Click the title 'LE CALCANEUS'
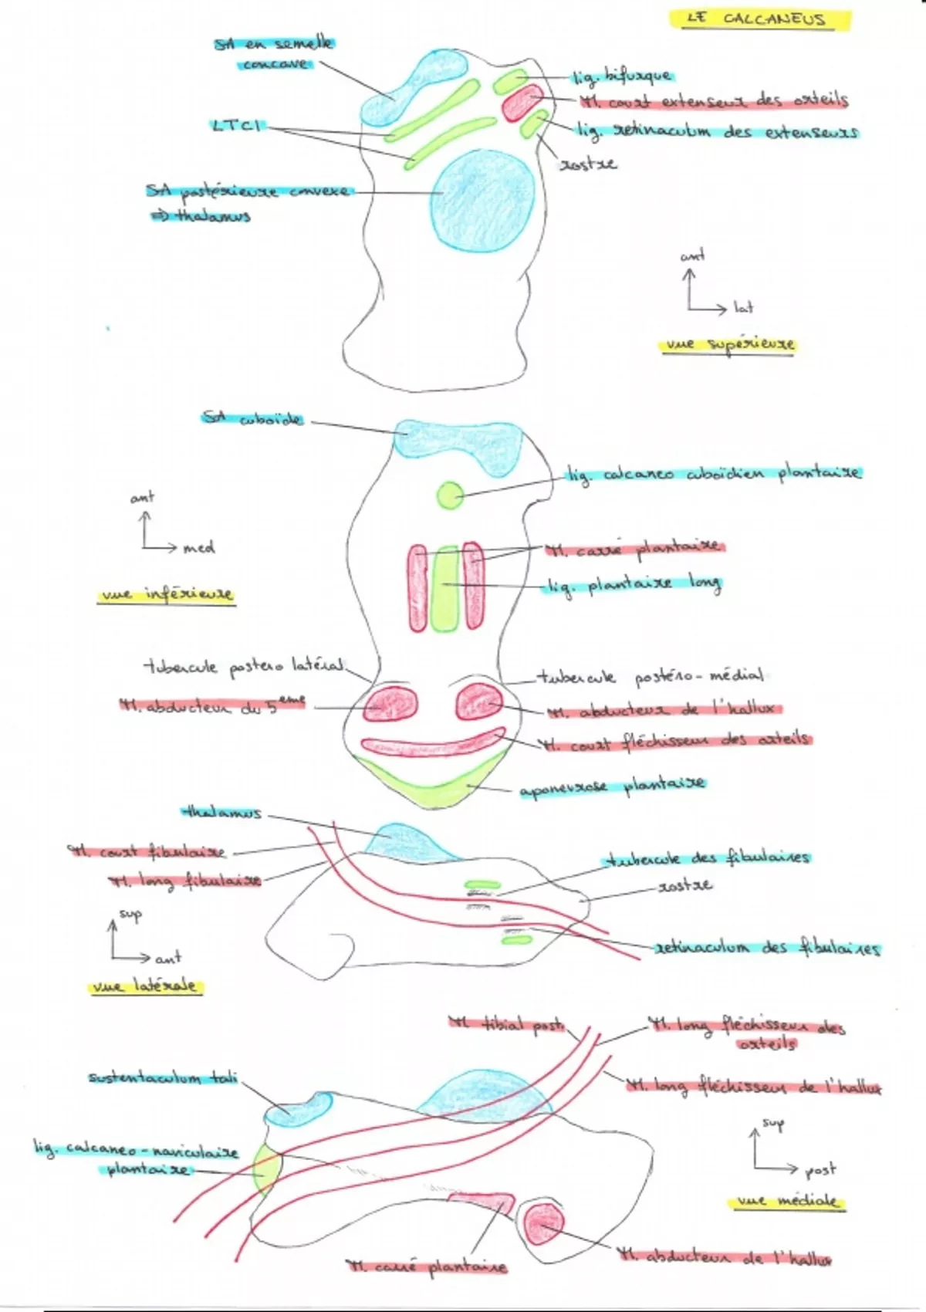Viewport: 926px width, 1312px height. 759,19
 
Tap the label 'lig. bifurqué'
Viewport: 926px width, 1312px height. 622,76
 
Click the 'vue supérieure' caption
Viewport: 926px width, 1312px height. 727,345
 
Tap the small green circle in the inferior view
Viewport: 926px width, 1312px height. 450,495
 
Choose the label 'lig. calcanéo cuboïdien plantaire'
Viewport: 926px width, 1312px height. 713,474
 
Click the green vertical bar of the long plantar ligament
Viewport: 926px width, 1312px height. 444,588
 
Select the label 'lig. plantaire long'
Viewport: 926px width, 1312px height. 633,586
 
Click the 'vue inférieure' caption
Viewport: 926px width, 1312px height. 165,595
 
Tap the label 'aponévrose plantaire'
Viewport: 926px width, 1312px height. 611,788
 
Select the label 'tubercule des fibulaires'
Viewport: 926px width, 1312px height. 708,858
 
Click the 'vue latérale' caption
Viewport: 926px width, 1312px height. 144,986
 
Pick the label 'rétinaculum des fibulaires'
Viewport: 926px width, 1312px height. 767,948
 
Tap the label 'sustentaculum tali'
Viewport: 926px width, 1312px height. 163,1078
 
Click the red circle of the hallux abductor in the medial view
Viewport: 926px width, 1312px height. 543,1226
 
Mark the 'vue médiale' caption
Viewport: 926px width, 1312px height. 786,1202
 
